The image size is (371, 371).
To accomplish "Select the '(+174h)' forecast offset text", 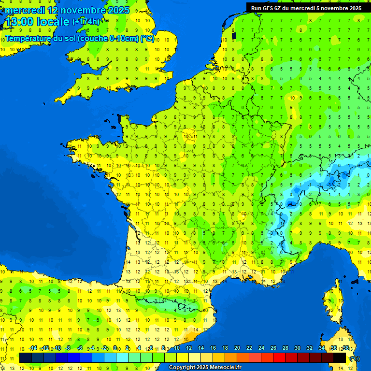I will tap(86, 22).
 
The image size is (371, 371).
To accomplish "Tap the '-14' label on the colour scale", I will tap(33, 348).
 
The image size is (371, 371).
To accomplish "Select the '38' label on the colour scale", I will tap(346, 348).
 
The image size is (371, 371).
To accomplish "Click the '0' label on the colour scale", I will tap(115, 348).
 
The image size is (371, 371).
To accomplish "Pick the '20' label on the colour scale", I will tap(237, 348).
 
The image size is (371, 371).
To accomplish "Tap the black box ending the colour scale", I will tap(340, 357).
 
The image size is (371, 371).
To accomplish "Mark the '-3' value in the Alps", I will tap(328, 185).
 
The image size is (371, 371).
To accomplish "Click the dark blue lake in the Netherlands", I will tap(234, 35).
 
